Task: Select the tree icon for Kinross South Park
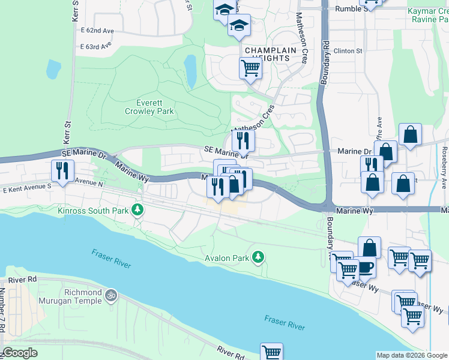click(139, 209)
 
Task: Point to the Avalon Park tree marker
click(258, 257)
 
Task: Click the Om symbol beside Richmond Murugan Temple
click(110, 295)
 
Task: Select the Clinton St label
click(349, 51)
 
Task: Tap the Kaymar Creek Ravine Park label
click(427, 15)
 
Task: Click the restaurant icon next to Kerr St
click(62, 171)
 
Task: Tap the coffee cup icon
click(365, 266)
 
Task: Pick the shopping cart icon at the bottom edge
click(271, 352)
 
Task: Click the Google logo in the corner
click(20, 353)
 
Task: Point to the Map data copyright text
click(412, 355)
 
